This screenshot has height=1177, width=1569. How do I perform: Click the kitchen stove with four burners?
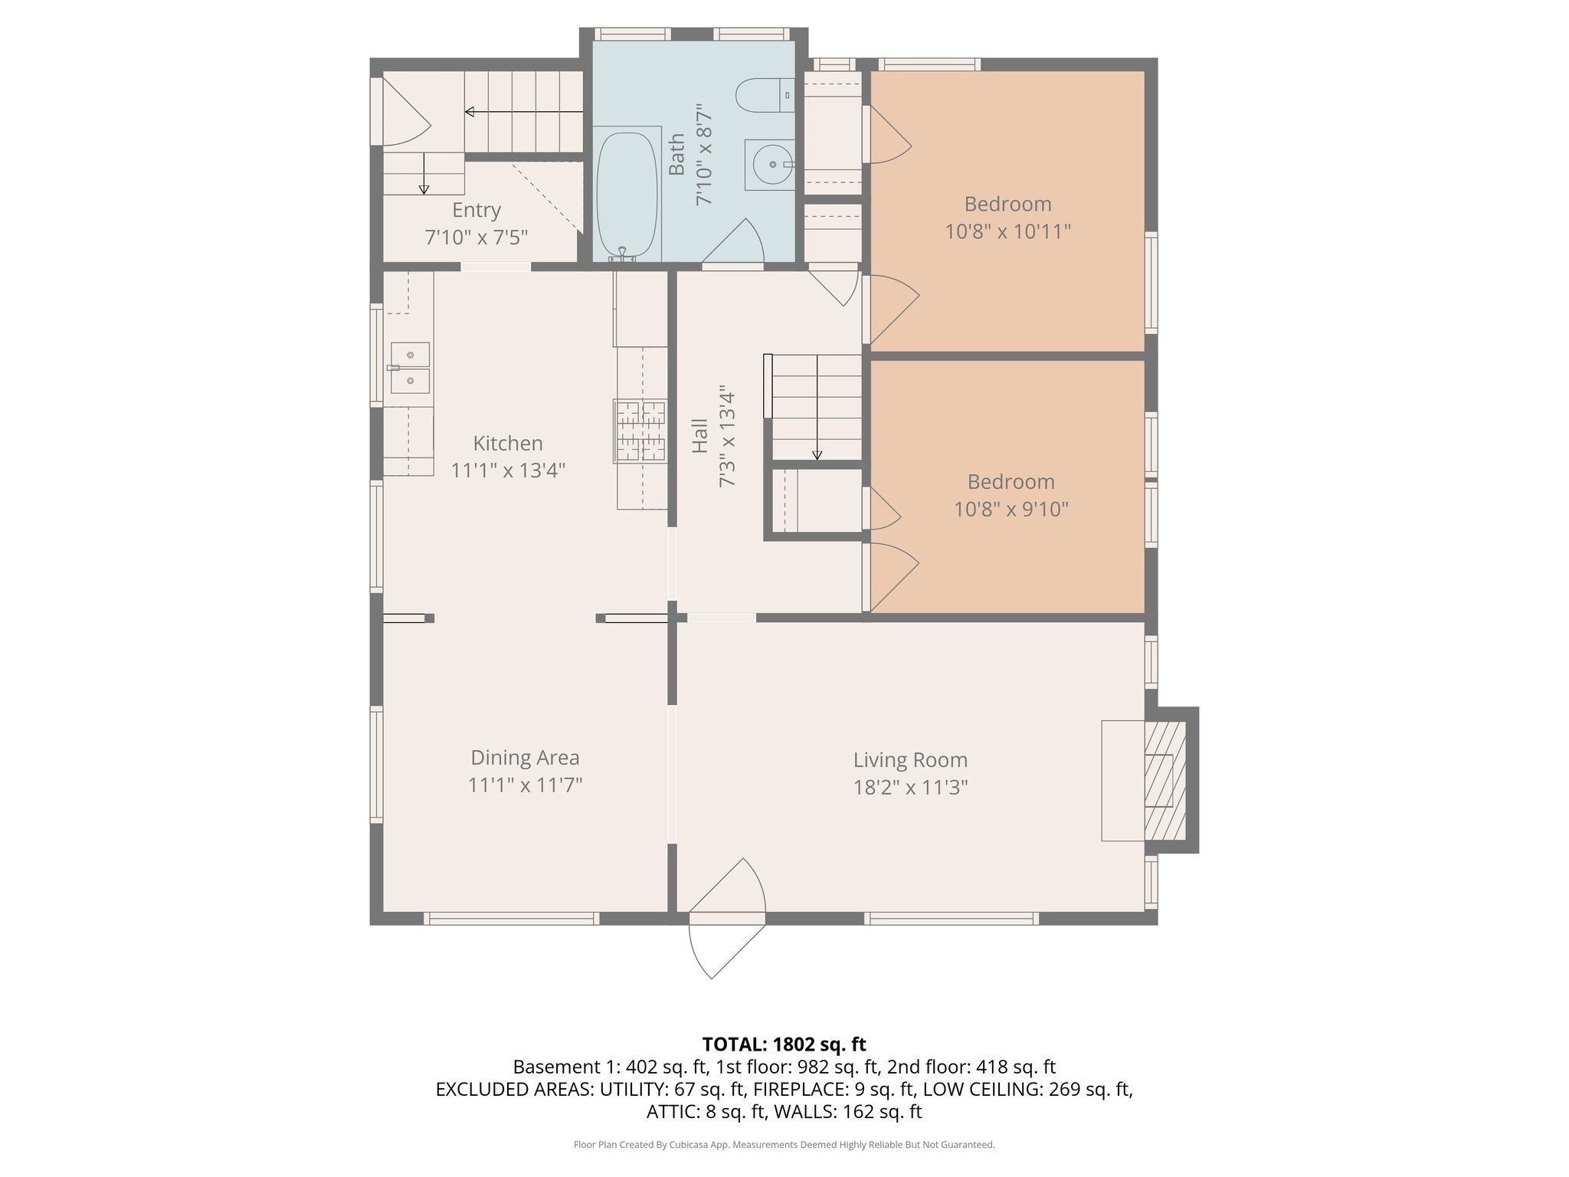click(x=640, y=431)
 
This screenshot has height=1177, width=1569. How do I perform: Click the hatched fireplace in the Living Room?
click(x=1164, y=779)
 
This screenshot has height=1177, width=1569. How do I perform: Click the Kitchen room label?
click(x=508, y=443)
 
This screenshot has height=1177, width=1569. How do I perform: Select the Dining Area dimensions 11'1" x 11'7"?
click(x=526, y=785)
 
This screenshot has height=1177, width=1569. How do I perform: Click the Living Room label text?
click(x=910, y=759)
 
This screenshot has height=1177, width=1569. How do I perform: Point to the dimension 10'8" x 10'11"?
click(x=1007, y=231)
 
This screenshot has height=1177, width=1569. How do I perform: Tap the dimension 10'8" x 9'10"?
click(x=1011, y=509)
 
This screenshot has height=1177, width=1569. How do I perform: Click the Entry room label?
click(x=476, y=210)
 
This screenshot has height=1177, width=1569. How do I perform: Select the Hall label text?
click(x=699, y=435)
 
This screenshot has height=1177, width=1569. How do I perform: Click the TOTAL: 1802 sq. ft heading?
click(x=784, y=1044)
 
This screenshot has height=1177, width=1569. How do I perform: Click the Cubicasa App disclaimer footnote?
click(x=784, y=1145)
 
